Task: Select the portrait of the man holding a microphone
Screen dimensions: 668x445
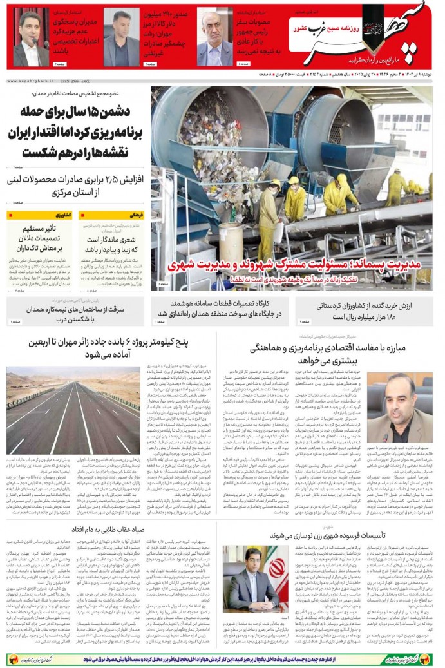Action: pyautogui.click(x=30, y=39)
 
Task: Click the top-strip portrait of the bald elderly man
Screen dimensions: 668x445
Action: pyautogui.click(x=214, y=39)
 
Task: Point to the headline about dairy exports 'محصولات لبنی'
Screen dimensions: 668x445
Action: pyautogui.click(x=75, y=184)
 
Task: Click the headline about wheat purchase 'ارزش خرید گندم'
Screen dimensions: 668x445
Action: pyautogui.click(x=372, y=311)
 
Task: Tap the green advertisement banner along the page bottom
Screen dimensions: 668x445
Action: pyautogui.click(x=222, y=659)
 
